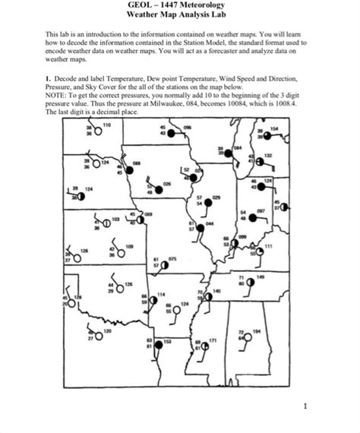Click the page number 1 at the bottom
pyautogui.click(x=305, y=406)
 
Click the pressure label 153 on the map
pyautogui.click(x=168, y=342)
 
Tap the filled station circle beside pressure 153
pyautogui.click(x=159, y=346)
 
